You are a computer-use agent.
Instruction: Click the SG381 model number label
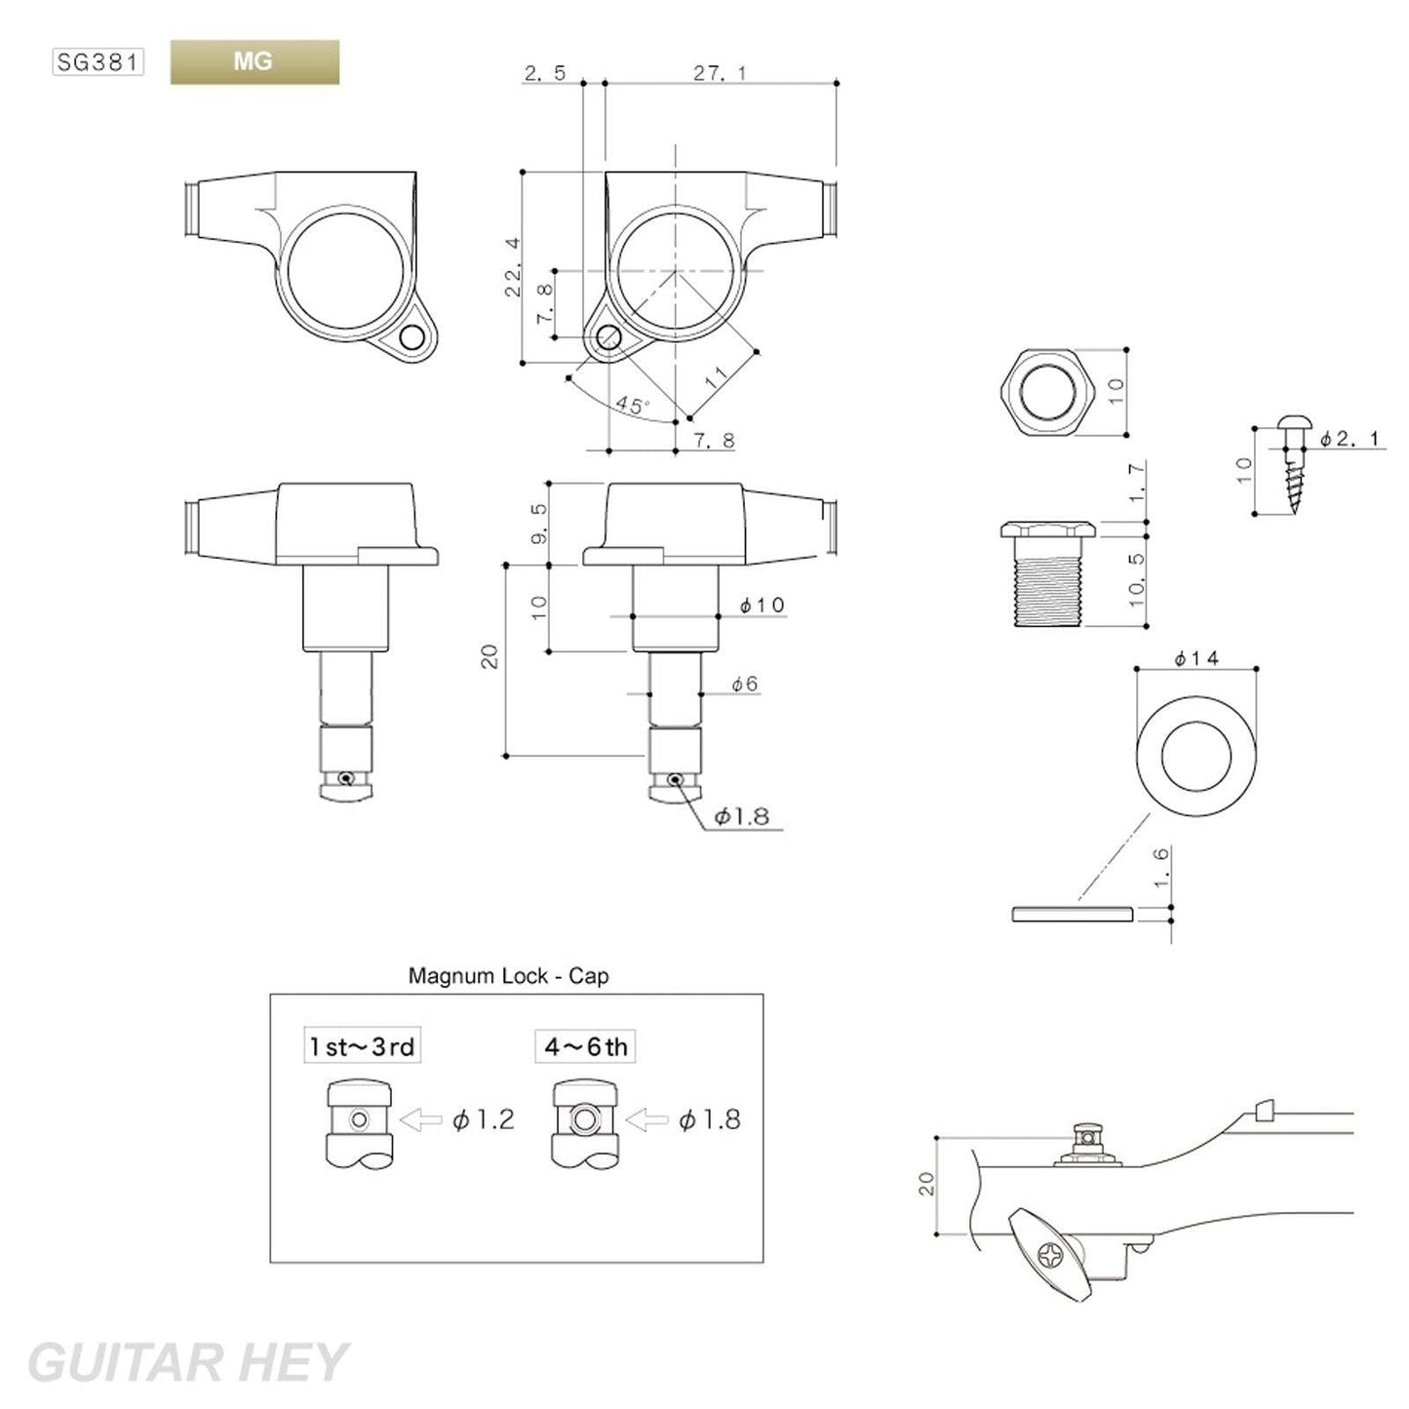point(98,63)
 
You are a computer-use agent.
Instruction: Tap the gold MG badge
point(254,62)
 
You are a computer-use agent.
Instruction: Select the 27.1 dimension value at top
point(720,73)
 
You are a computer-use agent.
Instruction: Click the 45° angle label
point(632,405)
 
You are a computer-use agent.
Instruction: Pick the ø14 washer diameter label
point(1196,659)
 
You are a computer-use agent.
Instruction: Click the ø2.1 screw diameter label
point(1350,440)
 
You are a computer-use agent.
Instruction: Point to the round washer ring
point(1196,754)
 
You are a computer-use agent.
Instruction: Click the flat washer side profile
point(1071,914)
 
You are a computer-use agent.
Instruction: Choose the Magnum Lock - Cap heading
point(508,975)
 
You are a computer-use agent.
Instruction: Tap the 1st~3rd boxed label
point(362,1047)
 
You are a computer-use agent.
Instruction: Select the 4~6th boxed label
point(585,1047)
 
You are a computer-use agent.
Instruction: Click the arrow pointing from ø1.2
point(420,1120)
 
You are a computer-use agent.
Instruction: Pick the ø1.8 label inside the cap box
point(709,1120)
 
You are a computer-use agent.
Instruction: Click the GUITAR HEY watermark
point(186,1361)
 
